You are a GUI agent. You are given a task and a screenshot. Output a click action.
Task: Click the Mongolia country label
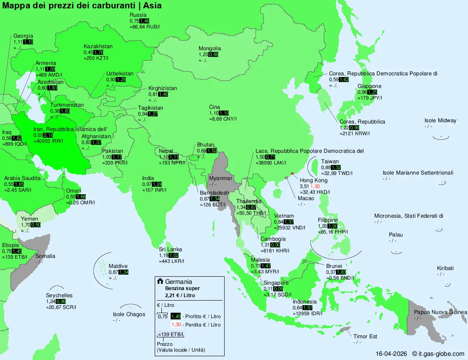click(210, 49)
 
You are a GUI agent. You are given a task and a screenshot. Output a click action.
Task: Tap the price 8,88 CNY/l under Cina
click(223, 119)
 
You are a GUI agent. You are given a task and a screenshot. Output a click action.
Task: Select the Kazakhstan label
click(98, 46)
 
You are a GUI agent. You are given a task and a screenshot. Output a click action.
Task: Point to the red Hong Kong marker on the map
click(292, 173)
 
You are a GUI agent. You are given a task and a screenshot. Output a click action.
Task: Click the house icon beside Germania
click(160, 281)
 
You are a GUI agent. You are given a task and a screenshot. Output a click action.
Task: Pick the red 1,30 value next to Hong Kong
click(315, 186)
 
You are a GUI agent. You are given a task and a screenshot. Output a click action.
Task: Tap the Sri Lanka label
click(170, 249)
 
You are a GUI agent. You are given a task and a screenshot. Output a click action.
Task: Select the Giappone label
click(369, 86)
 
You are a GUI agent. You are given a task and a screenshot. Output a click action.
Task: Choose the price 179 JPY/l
click(370, 98)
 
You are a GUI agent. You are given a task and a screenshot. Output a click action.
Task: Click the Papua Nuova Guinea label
click(440, 312)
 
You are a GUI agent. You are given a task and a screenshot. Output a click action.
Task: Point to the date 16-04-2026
click(391, 354)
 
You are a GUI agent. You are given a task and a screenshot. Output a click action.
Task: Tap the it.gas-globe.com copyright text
click(438, 354)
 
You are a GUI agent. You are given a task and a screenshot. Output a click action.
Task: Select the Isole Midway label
click(440, 121)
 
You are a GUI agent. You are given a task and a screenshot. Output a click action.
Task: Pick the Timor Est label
click(365, 337)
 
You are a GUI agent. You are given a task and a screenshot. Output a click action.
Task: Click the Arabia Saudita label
click(22, 178)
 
